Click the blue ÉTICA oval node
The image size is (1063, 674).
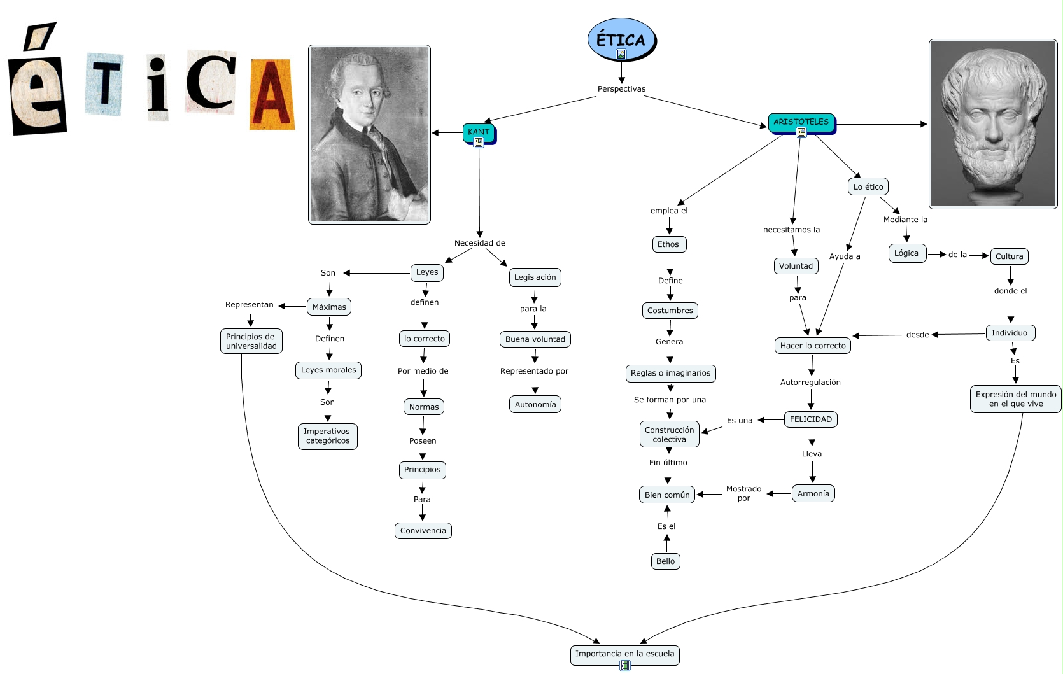click(621, 39)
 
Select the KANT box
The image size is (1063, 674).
click(479, 132)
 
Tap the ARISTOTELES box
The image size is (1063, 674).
click(801, 122)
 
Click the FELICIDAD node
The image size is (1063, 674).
click(810, 419)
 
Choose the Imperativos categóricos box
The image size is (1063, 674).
click(327, 436)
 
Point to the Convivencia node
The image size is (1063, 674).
click(423, 531)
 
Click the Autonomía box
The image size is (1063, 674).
click(535, 404)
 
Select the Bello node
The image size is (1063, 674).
click(665, 561)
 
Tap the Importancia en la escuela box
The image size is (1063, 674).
click(624, 654)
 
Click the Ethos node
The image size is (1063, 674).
click(668, 244)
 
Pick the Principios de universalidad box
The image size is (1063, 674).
click(251, 341)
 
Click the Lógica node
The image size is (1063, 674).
click(906, 253)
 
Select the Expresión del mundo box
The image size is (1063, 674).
click(1015, 399)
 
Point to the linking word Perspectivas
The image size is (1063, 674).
click(621, 89)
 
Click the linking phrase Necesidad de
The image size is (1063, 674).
click(479, 243)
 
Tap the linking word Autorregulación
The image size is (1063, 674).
click(810, 383)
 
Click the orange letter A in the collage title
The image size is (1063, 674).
click(272, 95)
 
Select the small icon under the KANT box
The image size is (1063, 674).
click(479, 143)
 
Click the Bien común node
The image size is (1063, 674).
click(667, 495)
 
